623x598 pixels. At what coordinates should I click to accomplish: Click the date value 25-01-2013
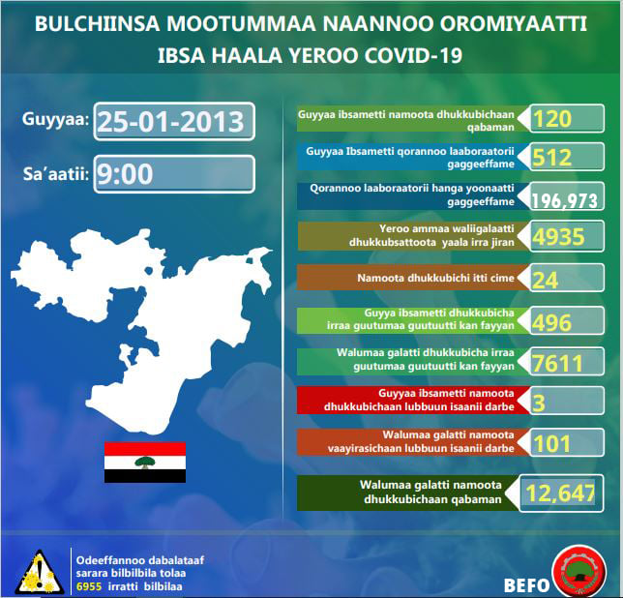pos(170,122)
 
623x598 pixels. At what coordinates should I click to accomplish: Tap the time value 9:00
pos(125,174)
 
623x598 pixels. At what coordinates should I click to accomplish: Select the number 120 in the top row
pos(551,119)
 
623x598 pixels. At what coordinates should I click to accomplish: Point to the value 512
pos(551,158)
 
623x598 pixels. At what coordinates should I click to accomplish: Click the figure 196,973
pos(565,200)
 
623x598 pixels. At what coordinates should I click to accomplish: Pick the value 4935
pos(558,237)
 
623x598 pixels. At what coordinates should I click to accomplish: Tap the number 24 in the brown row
pos(546,280)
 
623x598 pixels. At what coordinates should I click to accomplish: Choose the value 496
pos(551,322)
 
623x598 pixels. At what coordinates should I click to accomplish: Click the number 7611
pos(557,363)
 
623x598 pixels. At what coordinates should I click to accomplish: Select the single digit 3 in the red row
pos(539,403)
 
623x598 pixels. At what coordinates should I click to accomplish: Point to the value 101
pos(551,444)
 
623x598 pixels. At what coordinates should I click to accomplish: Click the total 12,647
pos(560,493)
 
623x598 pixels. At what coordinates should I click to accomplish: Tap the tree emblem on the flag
pos(145,463)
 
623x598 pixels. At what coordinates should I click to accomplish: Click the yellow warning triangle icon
pos(39,572)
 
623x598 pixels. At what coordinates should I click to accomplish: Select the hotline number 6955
pos(89,586)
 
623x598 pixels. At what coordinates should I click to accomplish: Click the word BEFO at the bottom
pos(526,585)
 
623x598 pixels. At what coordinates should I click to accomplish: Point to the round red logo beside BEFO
pos(579,572)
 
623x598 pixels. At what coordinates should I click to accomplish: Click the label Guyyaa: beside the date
pos(56,119)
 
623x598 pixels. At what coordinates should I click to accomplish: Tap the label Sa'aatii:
pos(56,173)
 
